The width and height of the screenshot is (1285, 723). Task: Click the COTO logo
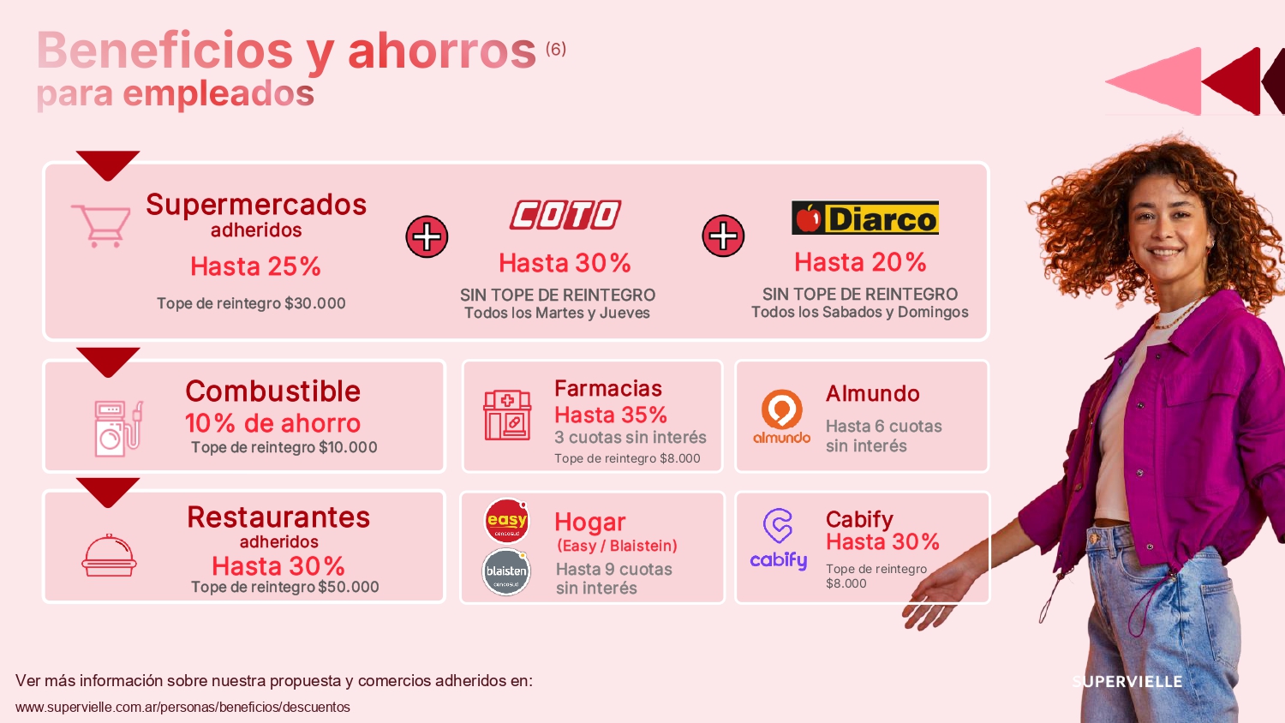click(x=565, y=215)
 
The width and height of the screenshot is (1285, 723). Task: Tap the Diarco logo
click(x=865, y=218)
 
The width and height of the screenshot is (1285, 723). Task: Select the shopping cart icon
click(x=101, y=225)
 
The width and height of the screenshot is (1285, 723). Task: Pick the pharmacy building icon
click(x=507, y=415)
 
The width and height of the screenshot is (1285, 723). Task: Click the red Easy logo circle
click(x=506, y=521)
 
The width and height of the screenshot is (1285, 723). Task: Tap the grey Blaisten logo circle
click(x=506, y=571)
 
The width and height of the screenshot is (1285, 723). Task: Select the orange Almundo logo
click(x=782, y=415)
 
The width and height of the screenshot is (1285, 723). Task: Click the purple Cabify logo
click(x=779, y=538)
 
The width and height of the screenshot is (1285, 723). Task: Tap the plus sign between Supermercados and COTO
click(x=427, y=236)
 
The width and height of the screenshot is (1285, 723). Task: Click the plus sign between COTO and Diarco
click(x=723, y=236)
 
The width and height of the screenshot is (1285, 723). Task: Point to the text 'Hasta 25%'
click(x=255, y=266)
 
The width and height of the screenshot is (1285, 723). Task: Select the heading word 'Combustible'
click(x=273, y=391)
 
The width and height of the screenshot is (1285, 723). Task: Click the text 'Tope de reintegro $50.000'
click(x=284, y=587)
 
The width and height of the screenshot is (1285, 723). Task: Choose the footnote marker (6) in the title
click(x=556, y=49)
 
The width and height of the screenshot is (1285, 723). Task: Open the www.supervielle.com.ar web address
click(x=182, y=707)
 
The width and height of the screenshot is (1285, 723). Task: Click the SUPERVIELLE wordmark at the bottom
click(x=1127, y=682)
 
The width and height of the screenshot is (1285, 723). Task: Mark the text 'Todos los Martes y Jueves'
click(x=557, y=314)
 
